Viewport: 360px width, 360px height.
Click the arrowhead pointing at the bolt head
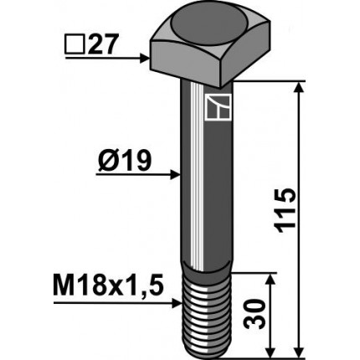144,58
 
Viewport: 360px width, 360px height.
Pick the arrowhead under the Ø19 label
174,175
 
